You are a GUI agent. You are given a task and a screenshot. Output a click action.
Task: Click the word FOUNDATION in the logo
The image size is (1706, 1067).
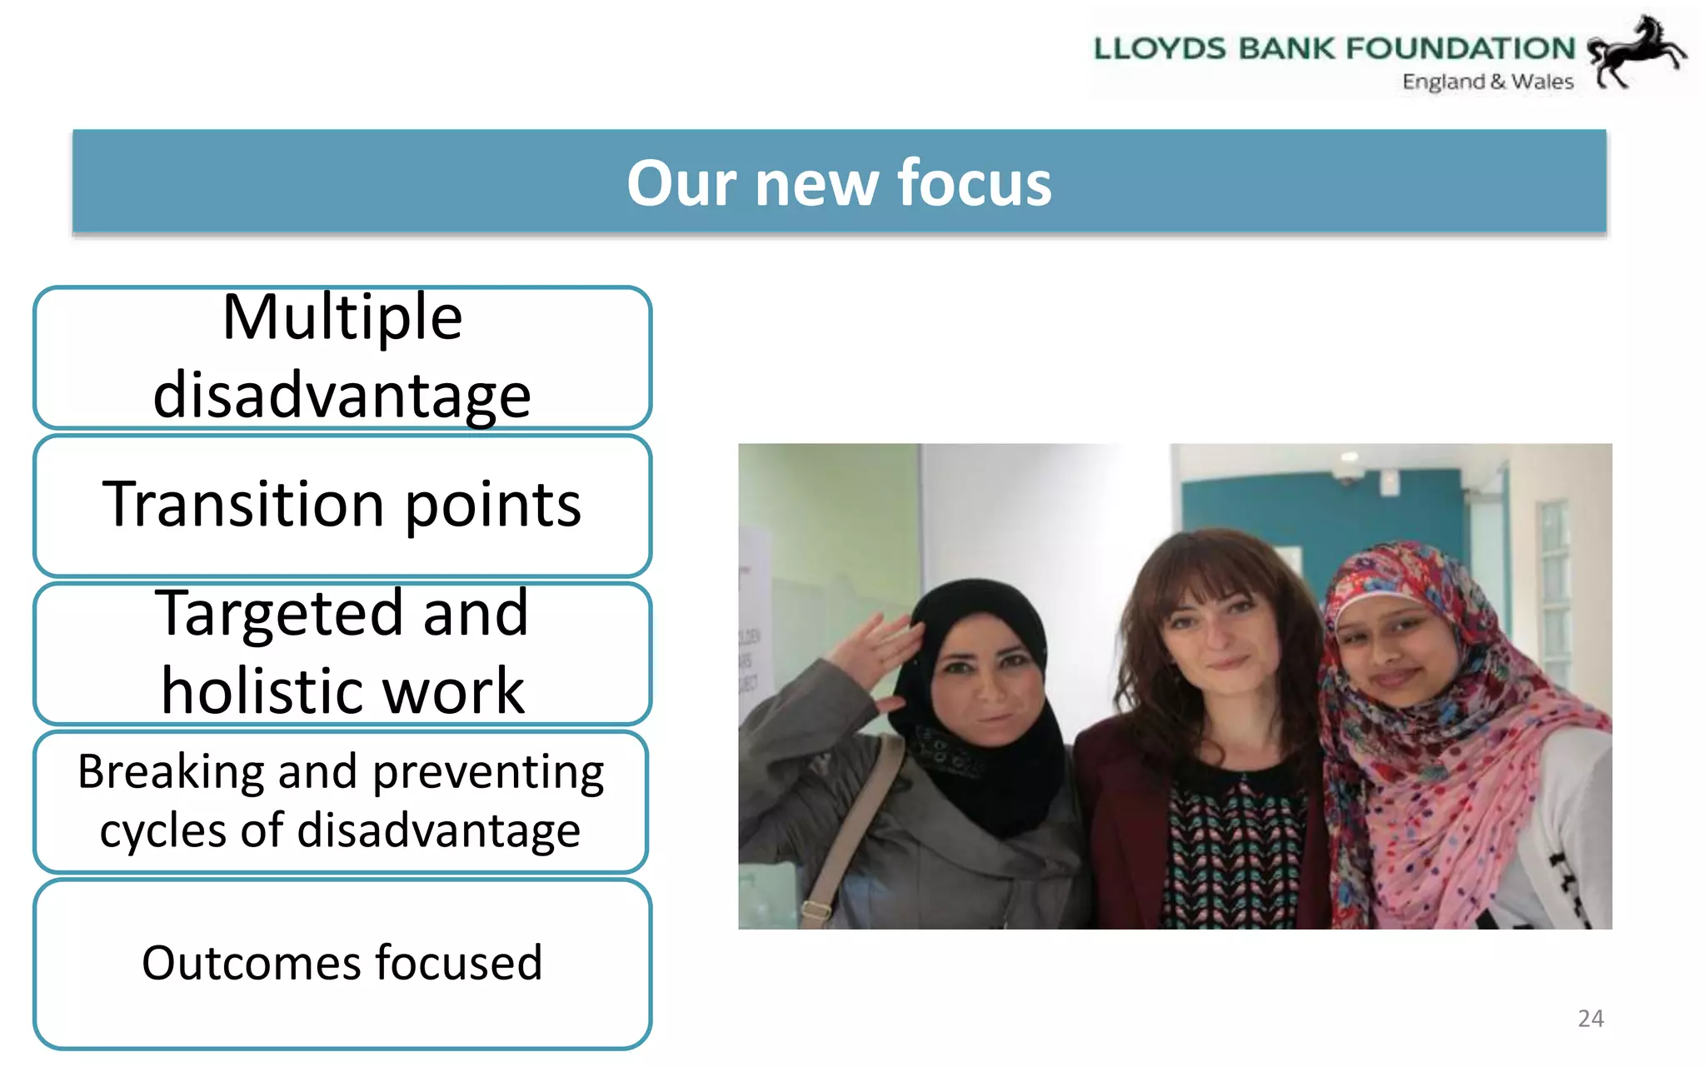(x=1460, y=48)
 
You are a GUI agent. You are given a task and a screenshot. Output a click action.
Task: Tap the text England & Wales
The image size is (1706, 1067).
(x=1488, y=82)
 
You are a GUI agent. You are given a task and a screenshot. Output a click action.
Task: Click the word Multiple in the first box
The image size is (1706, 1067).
(x=342, y=317)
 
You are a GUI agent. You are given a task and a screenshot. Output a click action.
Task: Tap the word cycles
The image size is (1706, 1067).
(x=162, y=830)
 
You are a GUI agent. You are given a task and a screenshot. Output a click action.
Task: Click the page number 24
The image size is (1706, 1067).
(x=1590, y=1018)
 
